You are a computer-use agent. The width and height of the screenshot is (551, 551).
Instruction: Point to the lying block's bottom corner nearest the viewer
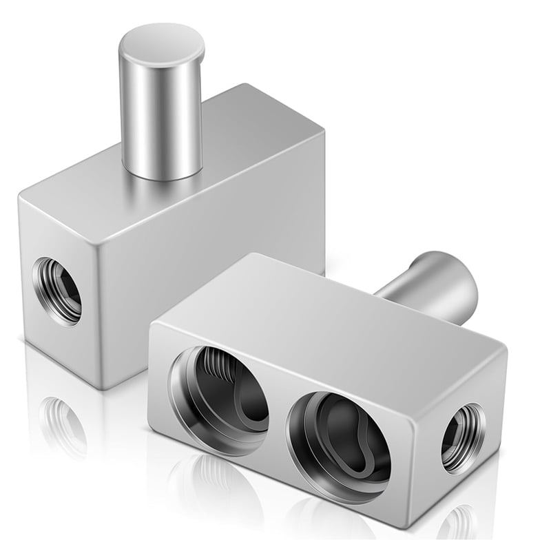[x=407, y=527]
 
